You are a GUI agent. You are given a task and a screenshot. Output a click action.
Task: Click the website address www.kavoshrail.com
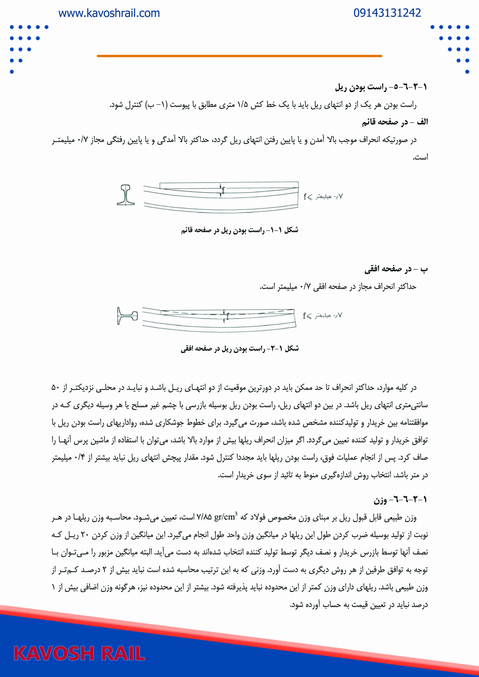coord(109,13)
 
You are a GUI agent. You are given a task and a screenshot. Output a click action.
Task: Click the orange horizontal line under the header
coord(239,56)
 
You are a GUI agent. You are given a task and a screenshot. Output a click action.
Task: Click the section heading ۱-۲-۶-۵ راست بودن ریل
coord(381,87)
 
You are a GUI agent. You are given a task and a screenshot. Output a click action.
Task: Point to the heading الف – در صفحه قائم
coord(395,122)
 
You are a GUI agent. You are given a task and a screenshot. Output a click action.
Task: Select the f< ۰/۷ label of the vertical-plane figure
coord(323,196)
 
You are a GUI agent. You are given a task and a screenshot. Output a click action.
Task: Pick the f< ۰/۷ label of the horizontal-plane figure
coord(322,316)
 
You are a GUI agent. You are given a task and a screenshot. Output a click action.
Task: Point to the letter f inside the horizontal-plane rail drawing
coord(228,316)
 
